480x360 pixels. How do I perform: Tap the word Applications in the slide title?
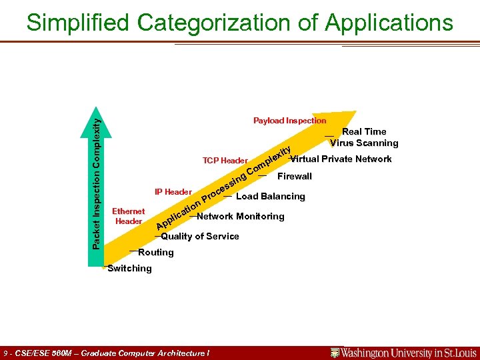tap(389, 23)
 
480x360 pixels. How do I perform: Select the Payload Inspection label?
tap(289, 121)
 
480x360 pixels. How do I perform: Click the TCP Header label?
tap(225, 161)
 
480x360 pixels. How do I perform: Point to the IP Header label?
tap(173, 192)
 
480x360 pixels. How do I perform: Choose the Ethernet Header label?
tap(129, 216)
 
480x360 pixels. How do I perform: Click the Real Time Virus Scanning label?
tap(364, 137)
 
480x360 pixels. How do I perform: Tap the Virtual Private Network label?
tap(341, 159)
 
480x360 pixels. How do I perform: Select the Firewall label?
tap(294, 177)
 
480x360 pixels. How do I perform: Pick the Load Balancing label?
tap(271, 197)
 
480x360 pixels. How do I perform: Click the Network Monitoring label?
tap(241, 216)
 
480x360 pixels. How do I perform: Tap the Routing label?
tap(155, 252)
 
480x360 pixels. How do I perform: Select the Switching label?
tap(129, 268)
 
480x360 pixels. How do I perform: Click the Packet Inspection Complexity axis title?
tap(97, 180)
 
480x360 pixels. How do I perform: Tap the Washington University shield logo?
tap(335, 353)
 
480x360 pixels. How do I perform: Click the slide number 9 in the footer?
tap(6, 353)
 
